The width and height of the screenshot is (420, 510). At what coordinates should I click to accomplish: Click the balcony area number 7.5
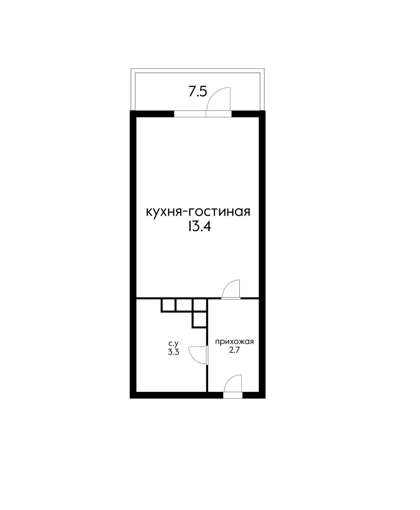[x=198, y=92]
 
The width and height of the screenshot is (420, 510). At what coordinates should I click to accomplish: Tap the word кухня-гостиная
[x=198, y=212]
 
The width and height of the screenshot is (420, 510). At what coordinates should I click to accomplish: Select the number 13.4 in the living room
[x=199, y=227]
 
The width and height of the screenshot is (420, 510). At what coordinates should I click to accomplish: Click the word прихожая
[x=234, y=342]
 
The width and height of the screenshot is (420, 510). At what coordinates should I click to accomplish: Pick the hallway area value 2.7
[x=234, y=350]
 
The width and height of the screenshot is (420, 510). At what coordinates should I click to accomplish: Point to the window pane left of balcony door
[x=190, y=114]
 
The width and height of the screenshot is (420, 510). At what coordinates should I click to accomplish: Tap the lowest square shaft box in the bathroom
[x=200, y=320]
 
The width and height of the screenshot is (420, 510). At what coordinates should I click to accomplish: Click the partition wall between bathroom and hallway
[x=207, y=377]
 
